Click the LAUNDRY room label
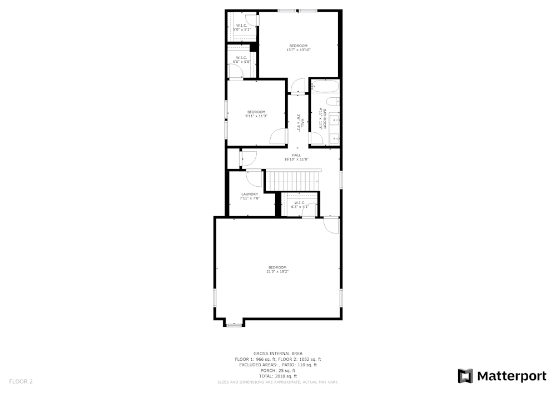(x=250, y=194)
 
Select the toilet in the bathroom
(x=332, y=101)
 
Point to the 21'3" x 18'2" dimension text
(x=277, y=271)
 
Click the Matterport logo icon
(x=465, y=376)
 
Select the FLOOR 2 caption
(x=21, y=381)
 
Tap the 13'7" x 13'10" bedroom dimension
(x=298, y=50)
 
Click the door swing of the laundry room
(x=255, y=178)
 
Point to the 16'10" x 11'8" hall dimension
(x=296, y=160)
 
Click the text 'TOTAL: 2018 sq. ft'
(x=277, y=376)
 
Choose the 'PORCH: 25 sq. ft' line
(x=277, y=371)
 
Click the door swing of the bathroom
(x=299, y=86)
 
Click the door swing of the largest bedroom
(x=331, y=225)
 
